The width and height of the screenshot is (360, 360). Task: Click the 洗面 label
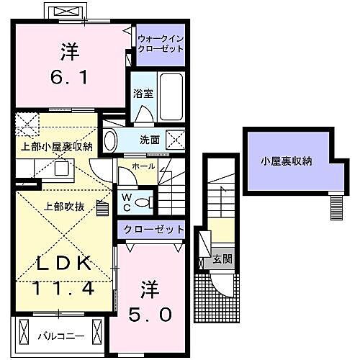pyautogui.click(x=150, y=140)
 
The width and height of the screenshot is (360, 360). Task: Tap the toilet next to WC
pyautogui.click(x=145, y=202)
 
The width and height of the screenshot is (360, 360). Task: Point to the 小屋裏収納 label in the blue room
pyautogui.click(x=286, y=162)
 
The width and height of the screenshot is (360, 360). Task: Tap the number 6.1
pyautogui.click(x=70, y=76)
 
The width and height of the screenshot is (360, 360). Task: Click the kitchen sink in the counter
pyautogui.click(x=60, y=169)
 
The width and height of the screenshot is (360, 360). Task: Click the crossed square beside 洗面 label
pyautogui.click(x=174, y=140)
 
